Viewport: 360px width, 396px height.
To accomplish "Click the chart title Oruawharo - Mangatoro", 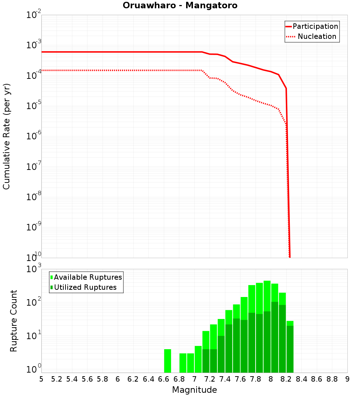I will [x=180, y=6].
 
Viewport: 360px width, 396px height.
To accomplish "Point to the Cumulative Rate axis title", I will [x=6, y=136].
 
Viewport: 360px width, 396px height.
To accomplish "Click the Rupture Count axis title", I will [x=14, y=321].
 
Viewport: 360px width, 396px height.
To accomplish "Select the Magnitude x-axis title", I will [x=194, y=390].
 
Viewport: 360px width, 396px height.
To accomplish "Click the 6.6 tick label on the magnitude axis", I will [x=164, y=379].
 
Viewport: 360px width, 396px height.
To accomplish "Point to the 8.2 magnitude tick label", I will [x=286, y=379].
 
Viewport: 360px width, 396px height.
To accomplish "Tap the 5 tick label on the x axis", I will [x=41, y=379].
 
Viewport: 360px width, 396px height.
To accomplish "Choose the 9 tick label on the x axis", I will [x=347, y=379].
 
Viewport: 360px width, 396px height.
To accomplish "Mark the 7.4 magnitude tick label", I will [x=225, y=379].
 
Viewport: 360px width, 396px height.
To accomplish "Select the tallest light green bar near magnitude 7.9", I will [x=267, y=295].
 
